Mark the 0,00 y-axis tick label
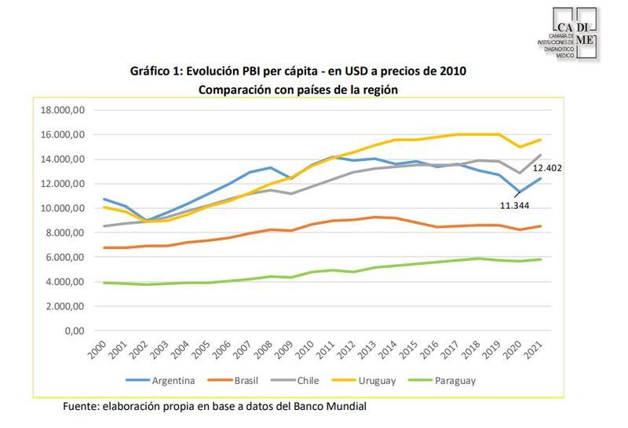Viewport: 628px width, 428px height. point(74,331)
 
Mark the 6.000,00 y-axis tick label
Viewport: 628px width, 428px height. point(63,257)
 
